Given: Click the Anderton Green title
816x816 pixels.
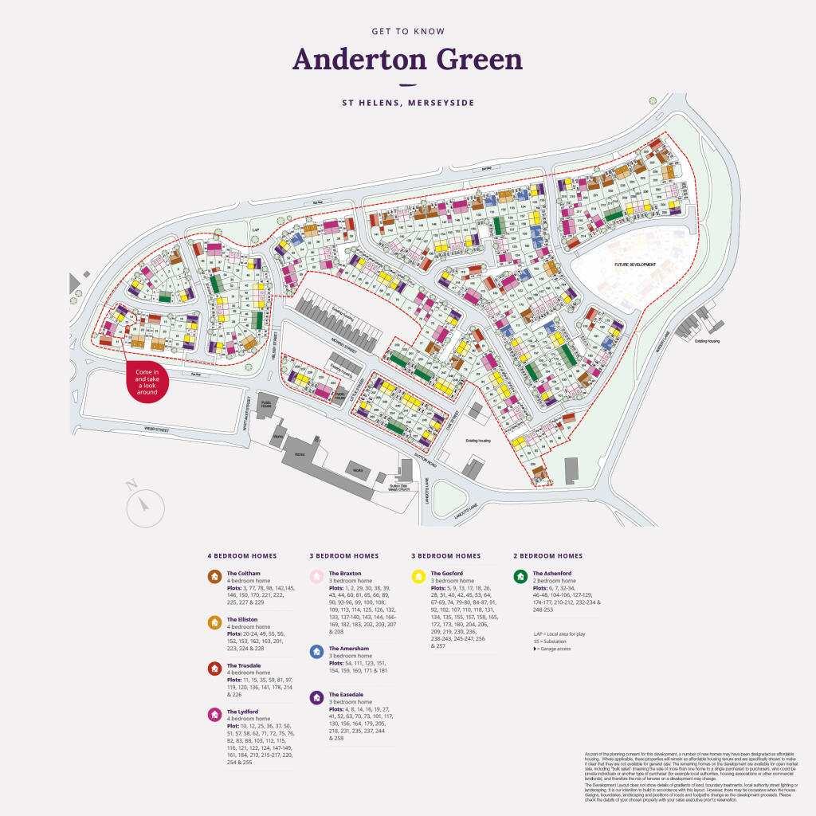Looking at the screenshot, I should [x=407, y=60].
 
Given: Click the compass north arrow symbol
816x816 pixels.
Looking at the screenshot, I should [x=145, y=504].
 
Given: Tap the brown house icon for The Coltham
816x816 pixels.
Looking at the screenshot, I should [x=214, y=576].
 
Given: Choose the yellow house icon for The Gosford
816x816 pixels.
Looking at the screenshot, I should [x=418, y=576].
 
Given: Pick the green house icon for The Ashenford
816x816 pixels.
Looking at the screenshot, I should [x=520, y=576].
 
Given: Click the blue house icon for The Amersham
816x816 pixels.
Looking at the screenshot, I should [x=316, y=652].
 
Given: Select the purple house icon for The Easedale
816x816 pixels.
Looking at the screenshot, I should [x=316, y=698].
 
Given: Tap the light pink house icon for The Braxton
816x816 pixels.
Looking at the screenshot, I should [x=316, y=576].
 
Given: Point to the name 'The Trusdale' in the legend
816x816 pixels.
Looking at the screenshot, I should [x=243, y=665].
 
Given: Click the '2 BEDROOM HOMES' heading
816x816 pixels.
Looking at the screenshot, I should [x=547, y=555].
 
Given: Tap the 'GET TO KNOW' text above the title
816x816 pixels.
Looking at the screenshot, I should [x=407, y=32].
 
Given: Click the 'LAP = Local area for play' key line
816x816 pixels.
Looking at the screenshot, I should [x=560, y=634].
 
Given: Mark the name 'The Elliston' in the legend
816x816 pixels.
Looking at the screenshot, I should [x=242, y=619].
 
